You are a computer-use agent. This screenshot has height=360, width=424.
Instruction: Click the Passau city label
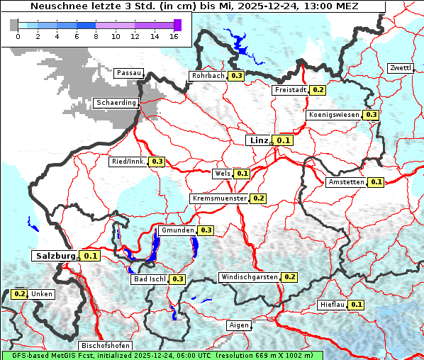[128, 73]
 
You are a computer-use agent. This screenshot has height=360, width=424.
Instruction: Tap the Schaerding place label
[116, 103]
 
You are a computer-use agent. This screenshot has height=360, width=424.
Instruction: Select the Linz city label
[259, 140]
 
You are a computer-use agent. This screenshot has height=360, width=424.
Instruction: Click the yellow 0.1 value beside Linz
[284, 141]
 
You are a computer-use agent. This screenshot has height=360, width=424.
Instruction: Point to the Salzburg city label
[54, 255]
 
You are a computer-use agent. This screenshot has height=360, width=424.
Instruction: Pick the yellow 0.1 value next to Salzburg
[90, 256]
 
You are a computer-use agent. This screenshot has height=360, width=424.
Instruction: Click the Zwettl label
[400, 68]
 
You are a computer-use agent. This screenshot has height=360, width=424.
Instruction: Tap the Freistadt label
[290, 90]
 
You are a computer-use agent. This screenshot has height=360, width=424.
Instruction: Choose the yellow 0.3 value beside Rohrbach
[236, 76]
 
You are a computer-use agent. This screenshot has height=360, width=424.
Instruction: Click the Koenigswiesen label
[334, 115]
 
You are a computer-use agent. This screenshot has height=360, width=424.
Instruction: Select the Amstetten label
[345, 182]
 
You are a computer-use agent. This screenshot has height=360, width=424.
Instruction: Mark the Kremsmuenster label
[219, 198]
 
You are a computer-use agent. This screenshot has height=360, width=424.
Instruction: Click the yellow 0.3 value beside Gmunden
[206, 230]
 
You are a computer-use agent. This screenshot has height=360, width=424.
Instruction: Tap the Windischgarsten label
[248, 277]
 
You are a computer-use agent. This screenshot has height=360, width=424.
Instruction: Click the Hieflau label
[332, 305]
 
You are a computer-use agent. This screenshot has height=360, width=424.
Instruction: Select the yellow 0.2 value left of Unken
[19, 293]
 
